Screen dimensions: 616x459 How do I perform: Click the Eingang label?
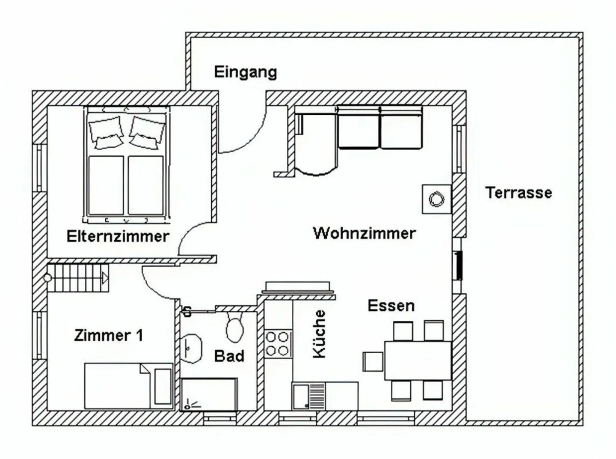click(x=246, y=72)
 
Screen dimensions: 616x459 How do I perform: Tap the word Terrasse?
click(x=518, y=193)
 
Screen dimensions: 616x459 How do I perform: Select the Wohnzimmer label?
click(x=364, y=233)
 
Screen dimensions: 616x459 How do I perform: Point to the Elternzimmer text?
click(x=118, y=236)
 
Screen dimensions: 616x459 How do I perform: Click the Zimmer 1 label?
click(x=109, y=335)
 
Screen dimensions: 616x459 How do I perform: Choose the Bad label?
click(x=229, y=356)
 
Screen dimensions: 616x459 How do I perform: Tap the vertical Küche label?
click(x=319, y=334)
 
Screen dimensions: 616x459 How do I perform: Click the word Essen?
click(x=391, y=306)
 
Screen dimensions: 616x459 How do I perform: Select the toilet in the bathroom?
click(x=235, y=326)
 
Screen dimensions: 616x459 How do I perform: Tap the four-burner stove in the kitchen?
click(x=278, y=344)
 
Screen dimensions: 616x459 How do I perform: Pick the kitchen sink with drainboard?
click(x=309, y=396)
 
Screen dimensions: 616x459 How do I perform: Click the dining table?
click(x=418, y=361)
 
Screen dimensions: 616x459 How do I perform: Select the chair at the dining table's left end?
click(x=373, y=361)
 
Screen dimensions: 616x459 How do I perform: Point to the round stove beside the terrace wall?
click(x=436, y=199)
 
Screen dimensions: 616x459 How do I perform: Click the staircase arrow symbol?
click(x=105, y=278)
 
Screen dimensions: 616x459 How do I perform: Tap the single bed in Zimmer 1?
click(x=129, y=386)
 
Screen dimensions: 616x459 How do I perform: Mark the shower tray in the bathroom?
click(x=209, y=394)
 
